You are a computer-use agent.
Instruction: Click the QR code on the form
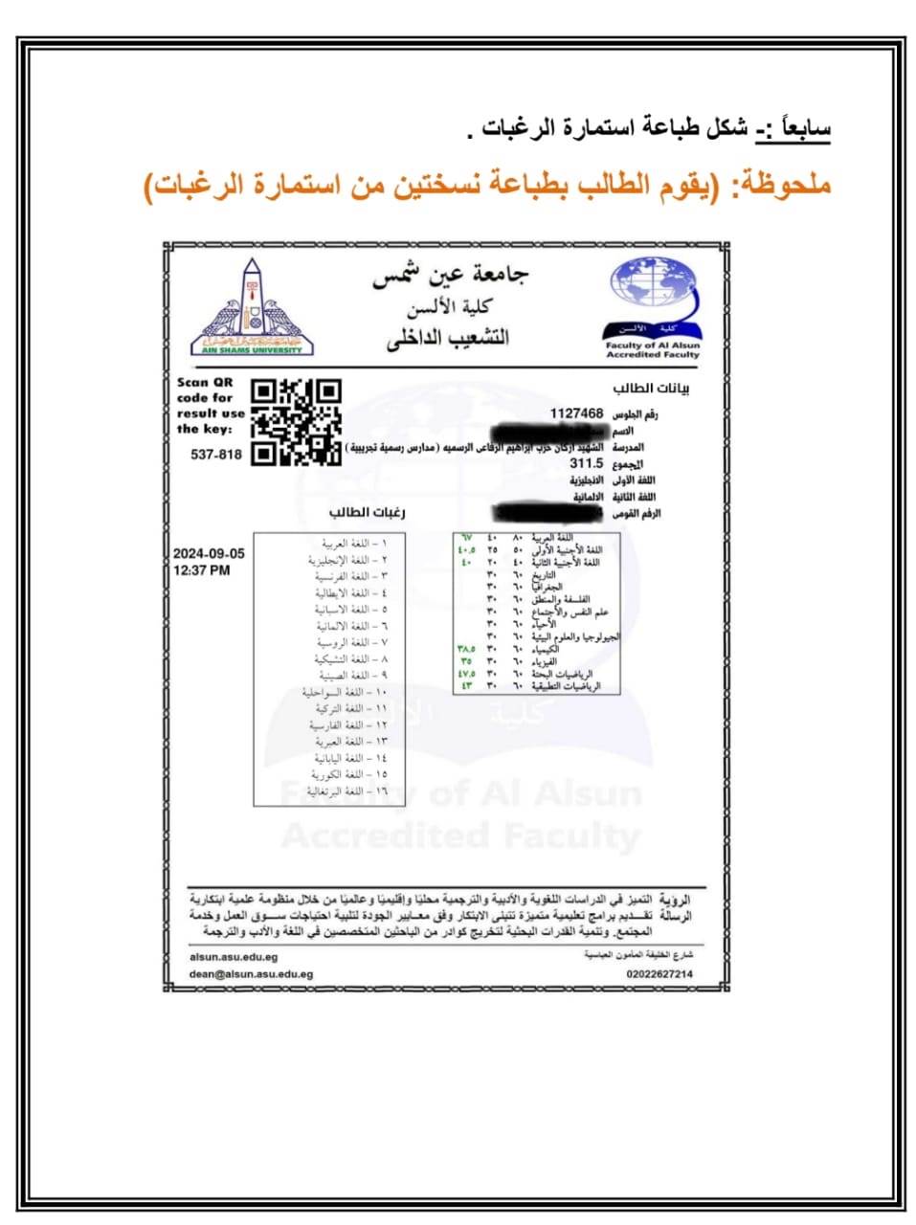[x=296, y=422]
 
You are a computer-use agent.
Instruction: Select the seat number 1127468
[x=576, y=413]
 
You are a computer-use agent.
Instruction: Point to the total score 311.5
[x=586, y=463]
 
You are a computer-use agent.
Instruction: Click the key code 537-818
[x=216, y=455]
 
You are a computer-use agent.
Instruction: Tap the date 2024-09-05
[x=209, y=554]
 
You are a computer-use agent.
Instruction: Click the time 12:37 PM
[x=201, y=570]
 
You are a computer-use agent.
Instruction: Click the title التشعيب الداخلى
[x=448, y=338]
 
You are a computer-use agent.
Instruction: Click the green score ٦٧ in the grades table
[x=468, y=538]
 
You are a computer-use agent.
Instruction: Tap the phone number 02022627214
[x=659, y=974]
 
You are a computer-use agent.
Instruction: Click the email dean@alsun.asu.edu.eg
[x=251, y=974]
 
